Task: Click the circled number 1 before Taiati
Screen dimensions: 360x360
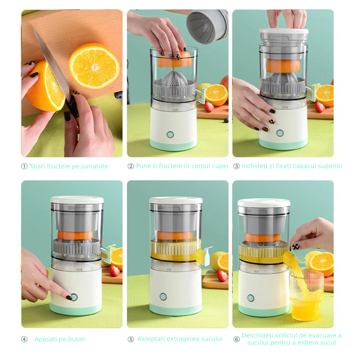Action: [x=24, y=166]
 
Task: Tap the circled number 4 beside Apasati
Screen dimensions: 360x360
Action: [x=24, y=339]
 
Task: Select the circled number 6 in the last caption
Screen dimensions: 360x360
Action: [x=236, y=339]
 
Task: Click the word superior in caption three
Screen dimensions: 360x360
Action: [x=330, y=166]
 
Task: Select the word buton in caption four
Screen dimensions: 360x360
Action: [x=76, y=339]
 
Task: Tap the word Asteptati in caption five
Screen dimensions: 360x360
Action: [x=151, y=339]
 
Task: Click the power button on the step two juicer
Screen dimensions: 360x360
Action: [x=170, y=135]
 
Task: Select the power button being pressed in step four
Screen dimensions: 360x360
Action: [x=74, y=297]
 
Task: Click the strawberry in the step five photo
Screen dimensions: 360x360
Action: [x=222, y=276]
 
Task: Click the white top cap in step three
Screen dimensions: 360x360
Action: [x=283, y=31]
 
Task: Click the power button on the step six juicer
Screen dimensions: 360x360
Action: [x=250, y=298]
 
